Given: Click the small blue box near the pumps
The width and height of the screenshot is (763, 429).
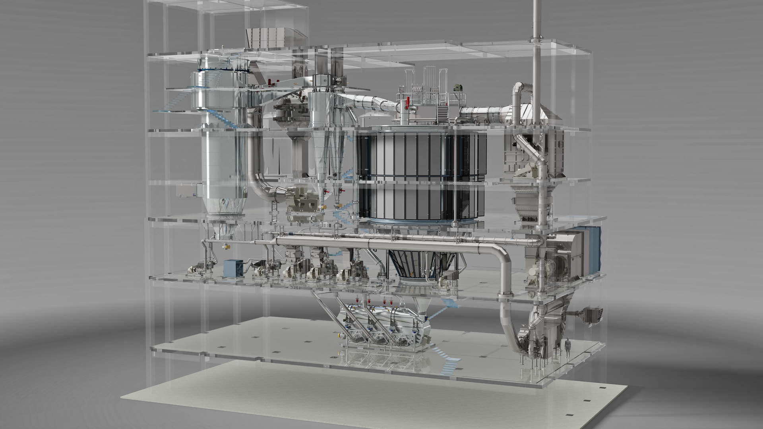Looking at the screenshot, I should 232,268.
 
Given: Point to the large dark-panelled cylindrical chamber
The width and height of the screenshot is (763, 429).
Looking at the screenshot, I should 421,175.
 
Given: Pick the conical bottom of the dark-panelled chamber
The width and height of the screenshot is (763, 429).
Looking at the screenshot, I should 421,262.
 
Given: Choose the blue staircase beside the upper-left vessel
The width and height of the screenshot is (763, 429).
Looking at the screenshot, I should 223,119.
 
